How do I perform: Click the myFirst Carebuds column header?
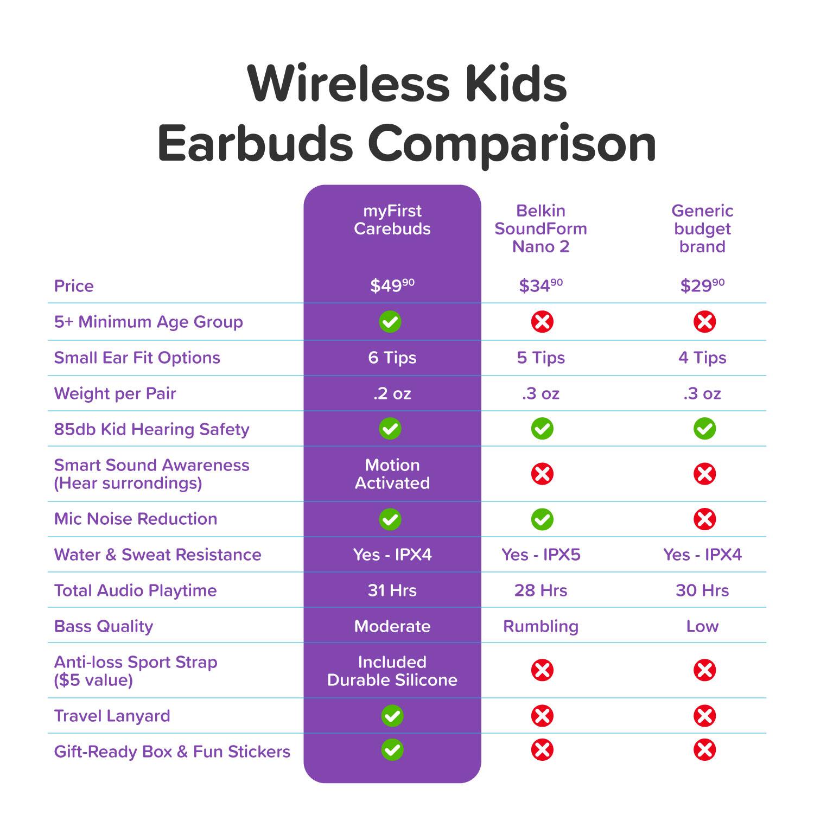[392, 220]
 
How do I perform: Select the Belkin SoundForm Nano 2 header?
[540, 228]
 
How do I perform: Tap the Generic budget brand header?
[702, 228]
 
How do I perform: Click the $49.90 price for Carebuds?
[392, 285]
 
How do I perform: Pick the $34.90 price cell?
[540, 285]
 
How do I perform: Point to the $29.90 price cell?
[702, 285]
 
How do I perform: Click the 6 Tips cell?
[392, 358]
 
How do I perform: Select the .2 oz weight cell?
[392, 393]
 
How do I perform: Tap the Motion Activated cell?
[392, 474]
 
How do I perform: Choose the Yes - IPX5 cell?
[540, 555]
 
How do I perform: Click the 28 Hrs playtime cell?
[540, 590]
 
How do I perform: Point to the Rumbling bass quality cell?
[540, 626]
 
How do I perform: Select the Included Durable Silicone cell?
[392, 671]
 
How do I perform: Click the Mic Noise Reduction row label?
[136, 519]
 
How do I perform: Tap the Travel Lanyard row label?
[112, 716]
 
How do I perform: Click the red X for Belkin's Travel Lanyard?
[542, 716]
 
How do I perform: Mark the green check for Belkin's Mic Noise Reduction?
[542, 519]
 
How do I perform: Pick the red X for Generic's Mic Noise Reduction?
[704, 519]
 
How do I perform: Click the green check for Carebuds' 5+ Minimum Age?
[390, 322]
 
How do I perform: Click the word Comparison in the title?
[512, 144]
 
